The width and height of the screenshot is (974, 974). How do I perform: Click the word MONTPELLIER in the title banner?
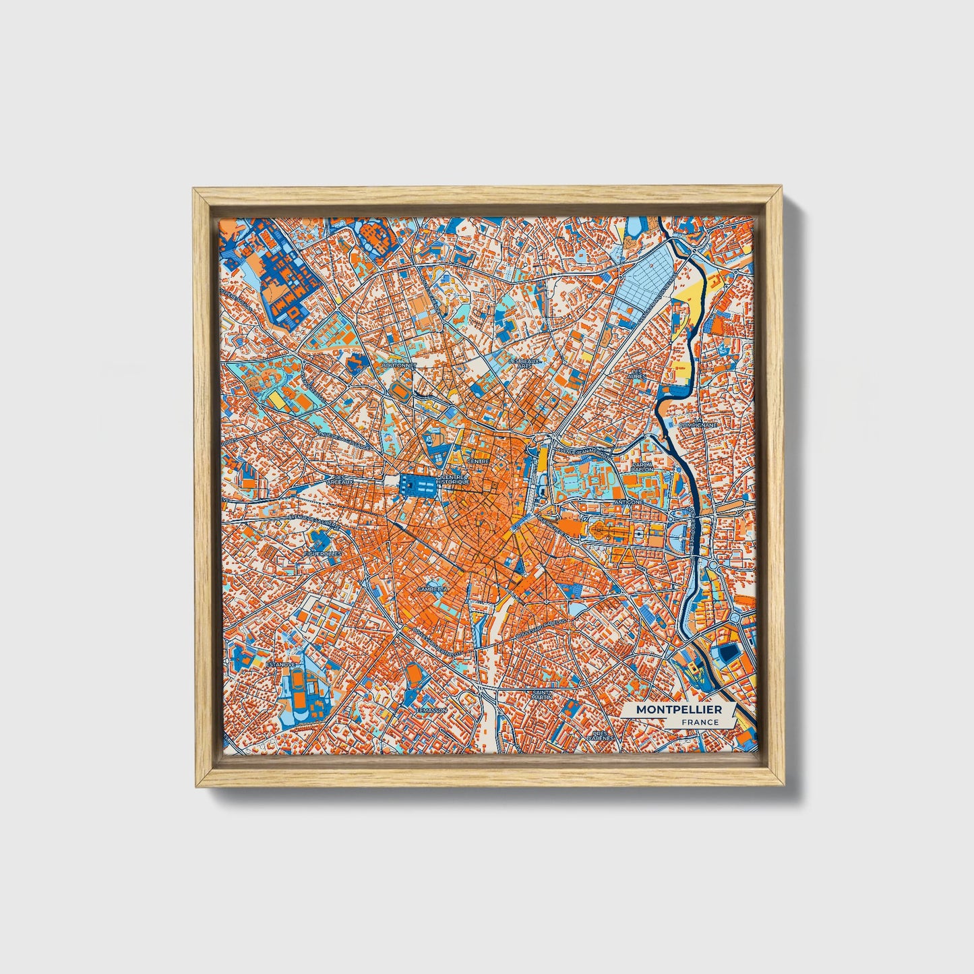point(678,710)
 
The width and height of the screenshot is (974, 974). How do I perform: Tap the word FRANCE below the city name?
point(699,722)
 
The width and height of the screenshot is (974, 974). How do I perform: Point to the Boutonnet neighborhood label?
point(399,365)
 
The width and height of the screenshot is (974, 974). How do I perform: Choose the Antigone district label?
point(629,502)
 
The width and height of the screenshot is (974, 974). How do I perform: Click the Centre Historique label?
point(452,481)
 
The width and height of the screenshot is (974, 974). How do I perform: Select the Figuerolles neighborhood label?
point(323,553)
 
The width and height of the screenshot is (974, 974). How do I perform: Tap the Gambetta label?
point(432,588)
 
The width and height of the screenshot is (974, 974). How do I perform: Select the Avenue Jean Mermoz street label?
point(578,446)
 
